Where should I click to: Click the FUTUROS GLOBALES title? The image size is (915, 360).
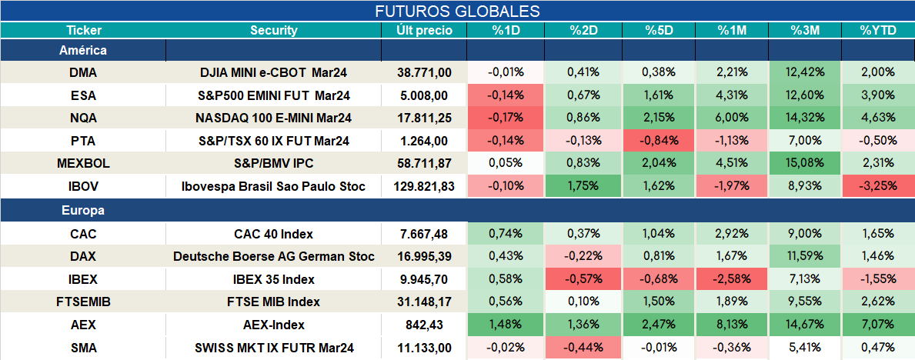[457, 11]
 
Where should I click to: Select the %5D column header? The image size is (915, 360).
[660, 31]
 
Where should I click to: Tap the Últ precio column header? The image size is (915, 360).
[424, 31]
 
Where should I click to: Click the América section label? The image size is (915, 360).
[83, 51]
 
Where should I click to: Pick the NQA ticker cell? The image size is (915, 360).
[83, 118]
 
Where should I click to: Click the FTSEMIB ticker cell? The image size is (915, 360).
[83, 302]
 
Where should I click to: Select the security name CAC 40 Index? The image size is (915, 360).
[274, 234]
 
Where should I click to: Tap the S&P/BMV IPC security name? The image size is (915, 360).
[274, 164]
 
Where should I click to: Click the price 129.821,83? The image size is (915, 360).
[424, 187]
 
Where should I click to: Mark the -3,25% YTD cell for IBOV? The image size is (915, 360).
[877, 187]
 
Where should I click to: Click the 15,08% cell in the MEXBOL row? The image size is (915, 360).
[805, 164]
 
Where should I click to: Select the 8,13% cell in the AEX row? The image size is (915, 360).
[732, 325]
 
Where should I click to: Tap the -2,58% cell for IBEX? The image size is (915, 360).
[732, 279]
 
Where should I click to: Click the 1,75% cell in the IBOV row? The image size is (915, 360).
[583, 187]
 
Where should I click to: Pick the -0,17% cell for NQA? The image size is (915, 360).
[506, 118]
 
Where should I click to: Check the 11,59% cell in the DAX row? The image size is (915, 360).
[805, 255]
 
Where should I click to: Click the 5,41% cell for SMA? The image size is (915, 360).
[805, 348]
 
